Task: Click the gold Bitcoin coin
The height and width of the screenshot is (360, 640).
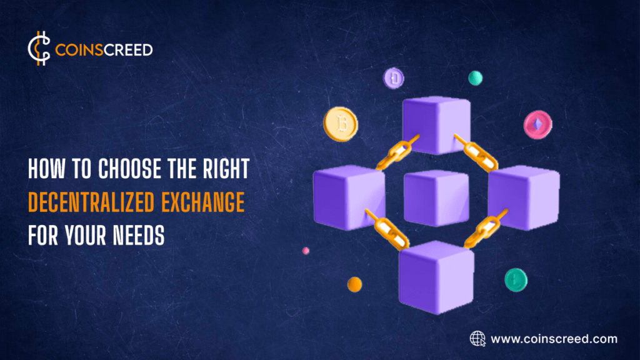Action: point(341,122)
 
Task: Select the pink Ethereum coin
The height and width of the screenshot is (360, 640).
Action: point(537,124)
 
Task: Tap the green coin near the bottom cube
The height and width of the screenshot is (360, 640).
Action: point(516,279)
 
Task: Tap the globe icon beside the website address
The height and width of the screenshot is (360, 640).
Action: point(477,339)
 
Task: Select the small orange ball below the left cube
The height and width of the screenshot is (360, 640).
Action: point(354,284)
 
